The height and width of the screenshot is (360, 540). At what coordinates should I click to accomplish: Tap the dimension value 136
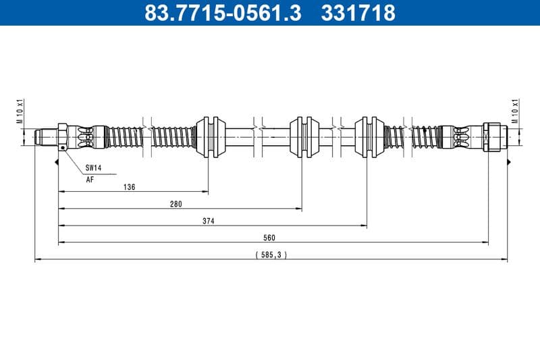point(130,187)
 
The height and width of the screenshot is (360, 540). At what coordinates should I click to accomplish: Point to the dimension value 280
point(176,204)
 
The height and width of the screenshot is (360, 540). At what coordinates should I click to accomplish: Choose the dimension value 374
point(209,221)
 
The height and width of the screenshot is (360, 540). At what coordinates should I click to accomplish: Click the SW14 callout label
point(93,167)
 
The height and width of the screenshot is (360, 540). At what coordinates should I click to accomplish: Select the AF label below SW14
point(90,180)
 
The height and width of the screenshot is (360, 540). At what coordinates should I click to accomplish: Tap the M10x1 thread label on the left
point(21,112)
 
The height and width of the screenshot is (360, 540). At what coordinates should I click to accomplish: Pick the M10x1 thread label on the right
point(515,112)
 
